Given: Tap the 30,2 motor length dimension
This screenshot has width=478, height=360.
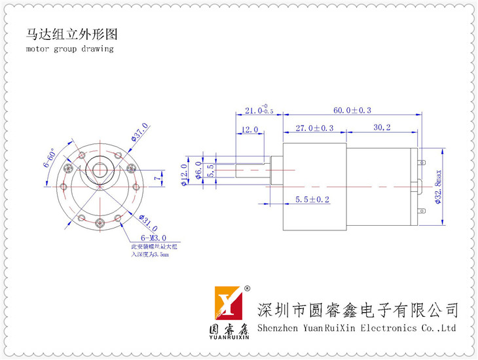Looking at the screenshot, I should tap(382, 128).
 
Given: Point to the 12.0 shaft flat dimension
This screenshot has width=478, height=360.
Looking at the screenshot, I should tap(250, 130).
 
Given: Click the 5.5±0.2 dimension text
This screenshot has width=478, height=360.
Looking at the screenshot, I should tap(312, 199).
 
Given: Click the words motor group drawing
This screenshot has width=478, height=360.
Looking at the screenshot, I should tap(70, 48).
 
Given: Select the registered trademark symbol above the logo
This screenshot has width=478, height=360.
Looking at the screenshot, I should tap(247, 288).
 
